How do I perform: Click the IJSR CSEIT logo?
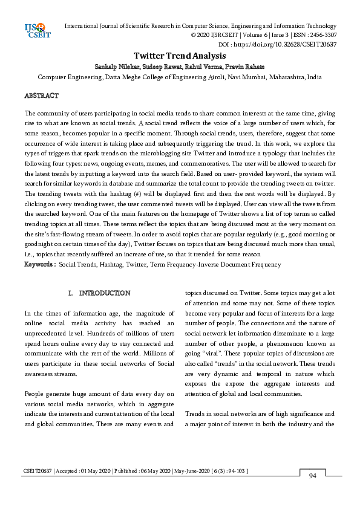click(36, 30)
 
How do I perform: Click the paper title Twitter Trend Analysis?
click(172, 56)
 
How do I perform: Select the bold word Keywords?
click(39, 265)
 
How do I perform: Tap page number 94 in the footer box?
click(313, 477)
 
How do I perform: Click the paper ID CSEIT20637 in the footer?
click(38, 470)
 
